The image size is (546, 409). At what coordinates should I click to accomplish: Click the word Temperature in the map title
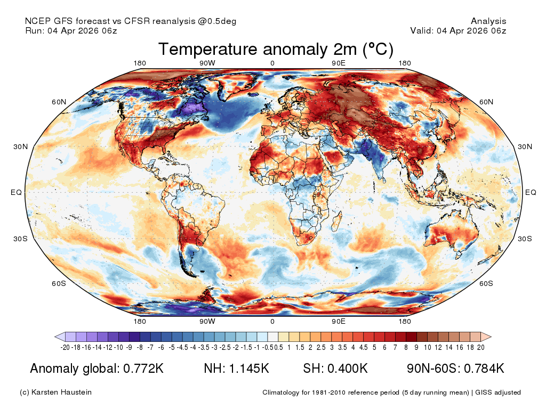point(208,50)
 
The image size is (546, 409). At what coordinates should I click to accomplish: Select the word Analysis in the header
point(488,21)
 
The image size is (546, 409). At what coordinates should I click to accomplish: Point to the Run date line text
point(71,30)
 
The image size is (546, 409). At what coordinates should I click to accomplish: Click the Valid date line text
point(458,30)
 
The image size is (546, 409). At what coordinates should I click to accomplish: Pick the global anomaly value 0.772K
point(143,369)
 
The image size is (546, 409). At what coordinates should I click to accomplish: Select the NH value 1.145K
point(249,369)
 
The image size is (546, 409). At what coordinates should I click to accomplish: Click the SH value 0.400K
point(348,369)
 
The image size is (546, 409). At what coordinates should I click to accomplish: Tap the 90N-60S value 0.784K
point(484,369)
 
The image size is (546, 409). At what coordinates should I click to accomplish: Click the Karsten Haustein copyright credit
point(55,392)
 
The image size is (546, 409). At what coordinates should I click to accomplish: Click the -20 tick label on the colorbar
point(65,347)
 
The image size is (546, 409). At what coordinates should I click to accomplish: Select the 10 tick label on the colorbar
point(428,347)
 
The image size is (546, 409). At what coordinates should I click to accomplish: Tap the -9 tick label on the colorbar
point(129,347)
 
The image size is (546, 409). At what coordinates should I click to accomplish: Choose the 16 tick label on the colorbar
point(460,347)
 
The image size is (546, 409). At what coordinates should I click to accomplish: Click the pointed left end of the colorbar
point(55,337)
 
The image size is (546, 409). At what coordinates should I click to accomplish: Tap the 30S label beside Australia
point(525,239)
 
